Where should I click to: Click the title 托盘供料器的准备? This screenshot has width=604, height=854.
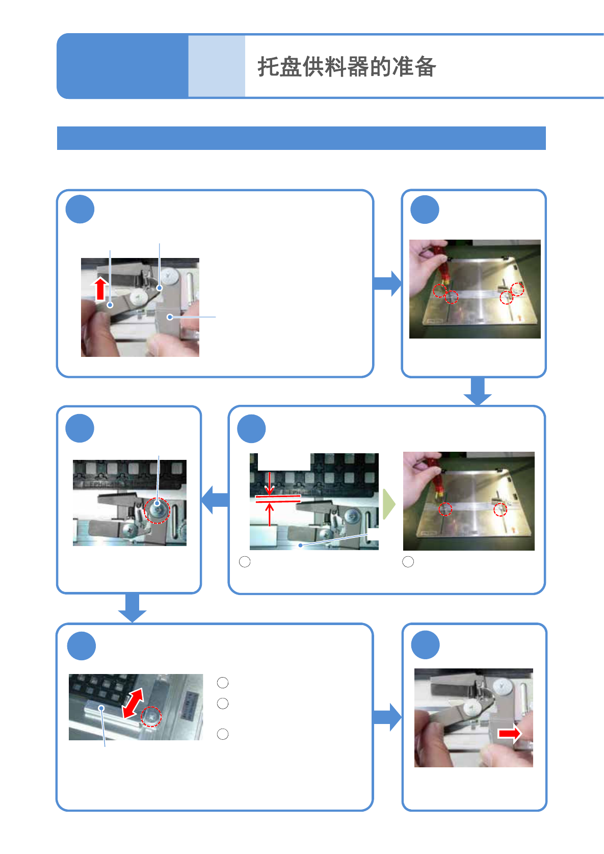pyautogui.click(x=347, y=67)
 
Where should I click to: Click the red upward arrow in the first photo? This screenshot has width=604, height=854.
pyautogui.click(x=101, y=289)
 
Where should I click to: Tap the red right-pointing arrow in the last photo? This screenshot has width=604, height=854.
pyautogui.click(x=509, y=733)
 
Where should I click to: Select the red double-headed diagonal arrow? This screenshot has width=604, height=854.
pyautogui.click(x=133, y=703)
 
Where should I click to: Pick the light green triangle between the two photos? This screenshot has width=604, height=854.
pyautogui.click(x=388, y=504)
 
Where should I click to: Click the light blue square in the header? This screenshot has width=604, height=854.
pyautogui.click(x=217, y=66)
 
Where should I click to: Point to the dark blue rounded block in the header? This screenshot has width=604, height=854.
pyautogui.click(x=122, y=66)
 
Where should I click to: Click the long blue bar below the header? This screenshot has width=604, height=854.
pyautogui.click(x=301, y=138)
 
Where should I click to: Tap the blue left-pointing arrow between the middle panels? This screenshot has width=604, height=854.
pyautogui.click(x=215, y=500)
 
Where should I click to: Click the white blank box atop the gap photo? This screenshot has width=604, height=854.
pyautogui.click(x=284, y=461)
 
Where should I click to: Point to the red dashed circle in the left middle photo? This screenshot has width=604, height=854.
pyautogui.click(x=157, y=510)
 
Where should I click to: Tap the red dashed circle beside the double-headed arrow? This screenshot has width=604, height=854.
pyautogui.click(x=151, y=716)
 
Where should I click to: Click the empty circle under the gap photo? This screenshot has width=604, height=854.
pyautogui.click(x=245, y=562)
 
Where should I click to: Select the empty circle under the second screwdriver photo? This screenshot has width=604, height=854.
pyautogui.click(x=408, y=562)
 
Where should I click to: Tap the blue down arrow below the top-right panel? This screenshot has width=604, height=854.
pyautogui.click(x=478, y=391)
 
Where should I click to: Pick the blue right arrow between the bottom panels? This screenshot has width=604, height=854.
pyautogui.click(x=387, y=717)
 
